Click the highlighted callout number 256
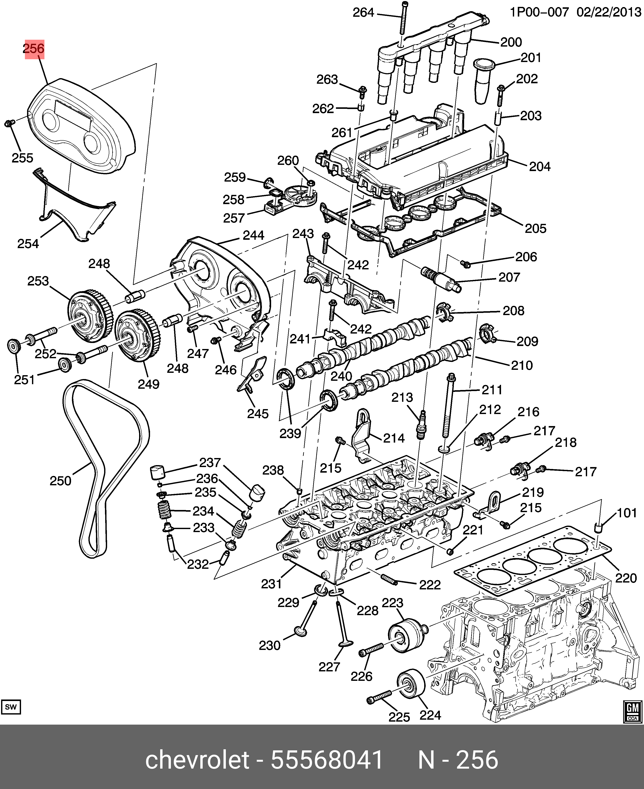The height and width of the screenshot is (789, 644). pyautogui.click(x=34, y=49)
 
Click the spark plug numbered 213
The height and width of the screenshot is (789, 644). pyautogui.click(x=421, y=425)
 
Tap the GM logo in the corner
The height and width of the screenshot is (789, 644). pyautogui.click(x=632, y=712)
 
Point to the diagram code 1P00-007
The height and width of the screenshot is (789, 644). pyautogui.click(x=539, y=12)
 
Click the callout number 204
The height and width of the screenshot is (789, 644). pyautogui.click(x=540, y=167)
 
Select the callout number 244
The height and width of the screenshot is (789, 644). pyautogui.click(x=253, y=235)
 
